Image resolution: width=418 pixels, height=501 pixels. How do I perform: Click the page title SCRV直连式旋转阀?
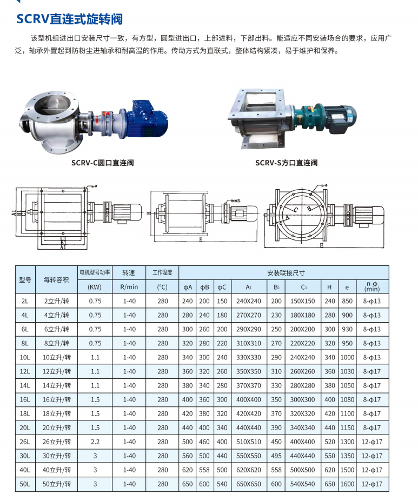(x=69, y=19)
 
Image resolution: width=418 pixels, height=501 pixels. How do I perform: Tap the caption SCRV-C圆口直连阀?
(x=103, y=163)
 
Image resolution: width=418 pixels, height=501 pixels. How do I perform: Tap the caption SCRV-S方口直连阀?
(x=287, y=163)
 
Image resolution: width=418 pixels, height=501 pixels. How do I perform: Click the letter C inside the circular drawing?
(x=296, y=210)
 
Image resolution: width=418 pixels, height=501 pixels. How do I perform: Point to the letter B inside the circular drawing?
(x=309, y=209)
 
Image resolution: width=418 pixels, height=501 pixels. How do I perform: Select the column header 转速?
(x=129, y=273)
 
